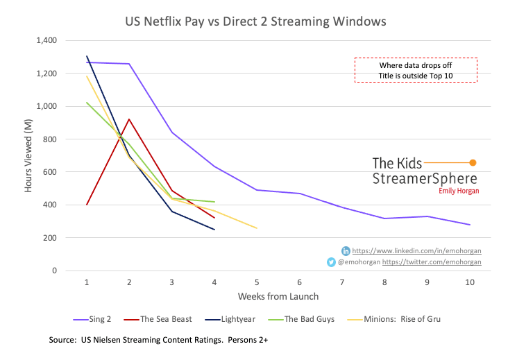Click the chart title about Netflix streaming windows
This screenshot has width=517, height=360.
(x=258, y=22)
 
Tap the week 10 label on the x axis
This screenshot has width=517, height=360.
(x=469, y=282)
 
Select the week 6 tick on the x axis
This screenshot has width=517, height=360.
(x=299, y=282)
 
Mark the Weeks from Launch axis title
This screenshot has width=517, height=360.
(x=278, y=297)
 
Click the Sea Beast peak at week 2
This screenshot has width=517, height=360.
(x=129, y=119)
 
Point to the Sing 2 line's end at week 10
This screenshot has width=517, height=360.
(x=470, y=225)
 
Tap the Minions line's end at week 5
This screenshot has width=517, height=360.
(x=257, y=228)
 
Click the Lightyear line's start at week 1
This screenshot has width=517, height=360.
(x=87, y=56)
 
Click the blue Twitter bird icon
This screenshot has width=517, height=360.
(x=332, y=262)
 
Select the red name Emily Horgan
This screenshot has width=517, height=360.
(x=458, y=191)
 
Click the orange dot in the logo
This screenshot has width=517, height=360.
(x=473, y=162)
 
